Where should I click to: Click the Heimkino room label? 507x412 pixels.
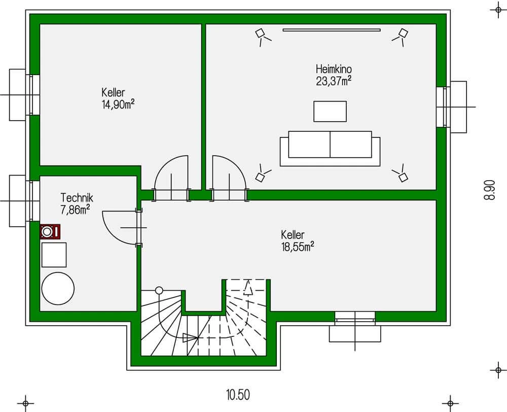334,69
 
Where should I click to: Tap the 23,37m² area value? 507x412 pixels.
334,81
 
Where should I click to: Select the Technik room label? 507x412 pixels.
77,197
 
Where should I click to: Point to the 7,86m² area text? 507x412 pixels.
75,210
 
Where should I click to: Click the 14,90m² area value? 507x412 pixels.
118,105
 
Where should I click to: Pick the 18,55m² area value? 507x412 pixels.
298,247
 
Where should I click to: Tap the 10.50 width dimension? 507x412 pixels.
238,395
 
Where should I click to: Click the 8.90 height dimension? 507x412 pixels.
490,190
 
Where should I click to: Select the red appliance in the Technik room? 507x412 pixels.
50,232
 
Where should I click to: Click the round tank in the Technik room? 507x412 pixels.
58,288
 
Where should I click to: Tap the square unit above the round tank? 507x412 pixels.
54,255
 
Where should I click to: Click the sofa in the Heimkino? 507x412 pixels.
330,149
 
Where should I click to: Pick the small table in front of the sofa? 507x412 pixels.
330,111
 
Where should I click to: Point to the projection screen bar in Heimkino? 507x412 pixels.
332,30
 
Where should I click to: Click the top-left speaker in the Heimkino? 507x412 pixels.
263,36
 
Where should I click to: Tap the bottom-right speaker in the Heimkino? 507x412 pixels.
401,174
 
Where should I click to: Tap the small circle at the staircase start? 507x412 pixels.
159,290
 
